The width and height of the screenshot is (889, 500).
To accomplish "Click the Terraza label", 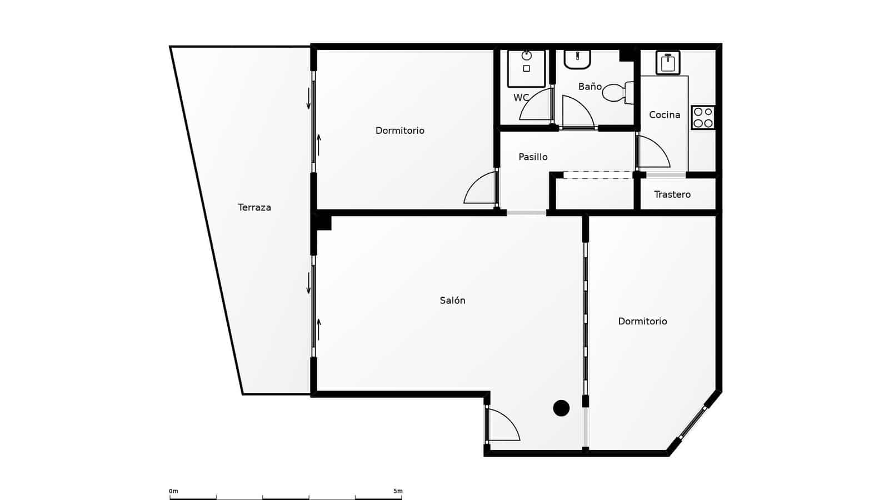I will [254, 207].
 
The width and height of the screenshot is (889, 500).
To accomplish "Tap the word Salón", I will [452, 301].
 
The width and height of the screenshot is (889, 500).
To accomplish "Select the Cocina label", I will [665, 115].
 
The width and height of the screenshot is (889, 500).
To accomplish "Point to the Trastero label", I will [672, 194].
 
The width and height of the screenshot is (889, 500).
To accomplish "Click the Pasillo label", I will [533, 157].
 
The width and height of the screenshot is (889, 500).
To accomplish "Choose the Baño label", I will [590, 87].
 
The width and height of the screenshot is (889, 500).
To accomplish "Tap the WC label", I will [521, 98].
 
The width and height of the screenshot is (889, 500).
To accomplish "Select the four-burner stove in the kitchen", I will [703, 117].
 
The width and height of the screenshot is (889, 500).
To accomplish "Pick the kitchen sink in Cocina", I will [667, 63].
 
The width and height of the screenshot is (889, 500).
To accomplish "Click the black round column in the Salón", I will [561, 408].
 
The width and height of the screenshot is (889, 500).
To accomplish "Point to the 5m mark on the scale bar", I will [398, 492].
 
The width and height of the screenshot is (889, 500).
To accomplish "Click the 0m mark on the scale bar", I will [173, 492].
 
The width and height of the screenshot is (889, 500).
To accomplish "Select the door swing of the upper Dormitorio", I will [480, 189].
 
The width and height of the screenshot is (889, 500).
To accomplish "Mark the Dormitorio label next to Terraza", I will [399, 131].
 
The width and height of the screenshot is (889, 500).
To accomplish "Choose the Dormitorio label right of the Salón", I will [642, 321].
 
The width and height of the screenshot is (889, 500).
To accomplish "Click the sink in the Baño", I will [577, 58].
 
